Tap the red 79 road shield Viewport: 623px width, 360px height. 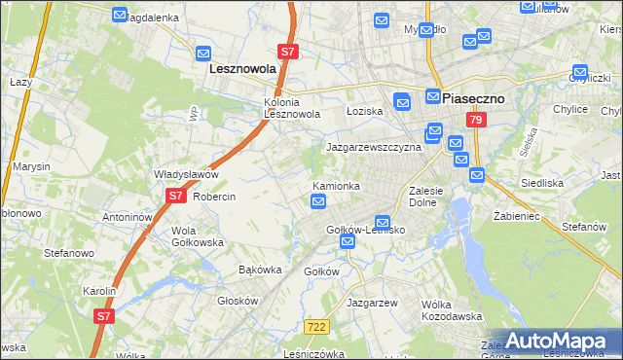tap(475, 120)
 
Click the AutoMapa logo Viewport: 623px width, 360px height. tap(558, 342)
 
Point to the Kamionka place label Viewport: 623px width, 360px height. tap(337, 185)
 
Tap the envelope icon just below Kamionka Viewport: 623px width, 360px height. tap(318, 201)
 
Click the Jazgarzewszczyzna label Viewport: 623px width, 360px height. tap(373, 147)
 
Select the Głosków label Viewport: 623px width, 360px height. tap(237, 301)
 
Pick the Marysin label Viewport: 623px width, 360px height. tap(31, 166)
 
